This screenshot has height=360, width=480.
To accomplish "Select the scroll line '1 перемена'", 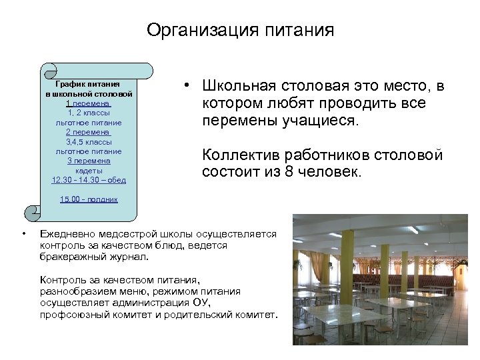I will tap(88, 104).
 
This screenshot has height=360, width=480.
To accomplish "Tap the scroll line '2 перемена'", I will tap(88, 132).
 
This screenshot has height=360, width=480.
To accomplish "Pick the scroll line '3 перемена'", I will tap(88, 161).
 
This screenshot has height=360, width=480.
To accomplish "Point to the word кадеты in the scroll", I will tap(88, 171).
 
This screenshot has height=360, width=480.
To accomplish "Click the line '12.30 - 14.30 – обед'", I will tap(88, 180).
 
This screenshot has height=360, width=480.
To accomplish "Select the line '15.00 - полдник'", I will tap(89, 199).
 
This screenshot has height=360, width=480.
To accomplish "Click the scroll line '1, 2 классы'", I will tap(88, 113).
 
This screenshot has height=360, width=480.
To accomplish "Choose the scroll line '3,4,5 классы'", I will tap(88, 142).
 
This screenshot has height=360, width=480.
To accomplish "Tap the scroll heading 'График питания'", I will tap(87, 85).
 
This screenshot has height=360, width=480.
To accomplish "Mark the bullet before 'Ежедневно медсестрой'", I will tap(23, 234).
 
